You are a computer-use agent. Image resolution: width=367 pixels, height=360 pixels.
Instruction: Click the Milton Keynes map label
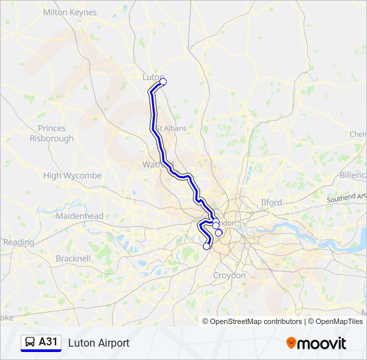click(69, 12)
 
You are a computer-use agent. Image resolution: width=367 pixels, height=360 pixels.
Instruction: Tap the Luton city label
click(151, 77)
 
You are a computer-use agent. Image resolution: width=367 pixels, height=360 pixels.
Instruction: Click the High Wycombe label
click(72, 175)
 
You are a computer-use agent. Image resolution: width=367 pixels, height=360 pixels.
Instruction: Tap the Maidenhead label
click(79, 216)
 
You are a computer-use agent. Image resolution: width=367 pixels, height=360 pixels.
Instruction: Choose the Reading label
click(19, 242)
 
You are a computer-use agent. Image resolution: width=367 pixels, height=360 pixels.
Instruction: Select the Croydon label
click(229, 275)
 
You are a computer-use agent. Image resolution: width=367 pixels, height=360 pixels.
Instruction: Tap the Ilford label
click(271, 202)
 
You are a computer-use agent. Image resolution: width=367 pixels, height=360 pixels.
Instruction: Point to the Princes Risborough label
click(51, 133)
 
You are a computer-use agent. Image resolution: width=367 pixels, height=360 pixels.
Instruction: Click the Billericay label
click(354, 175)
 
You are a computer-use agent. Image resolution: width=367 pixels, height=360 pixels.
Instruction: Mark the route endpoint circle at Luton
click(163, 82)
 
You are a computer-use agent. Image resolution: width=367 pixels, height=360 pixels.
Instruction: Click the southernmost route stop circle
click(207, 246)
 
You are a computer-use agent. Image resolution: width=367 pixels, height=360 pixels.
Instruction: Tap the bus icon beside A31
click(30, 342)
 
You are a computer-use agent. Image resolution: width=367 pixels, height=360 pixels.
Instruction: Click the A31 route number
click(49, 342)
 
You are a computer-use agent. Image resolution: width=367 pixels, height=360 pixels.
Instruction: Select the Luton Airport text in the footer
click(99, 343)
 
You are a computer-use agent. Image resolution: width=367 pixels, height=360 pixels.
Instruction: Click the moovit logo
click(316, 343)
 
